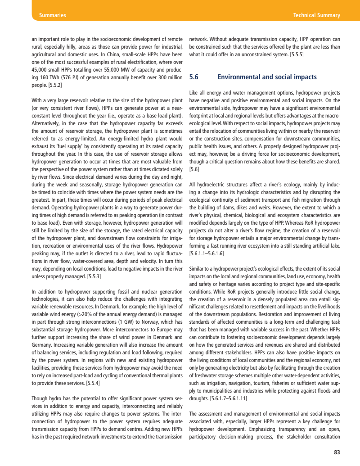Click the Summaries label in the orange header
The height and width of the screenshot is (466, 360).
tap(53, 15)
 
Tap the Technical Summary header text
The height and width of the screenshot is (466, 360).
tap(316, 15)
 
